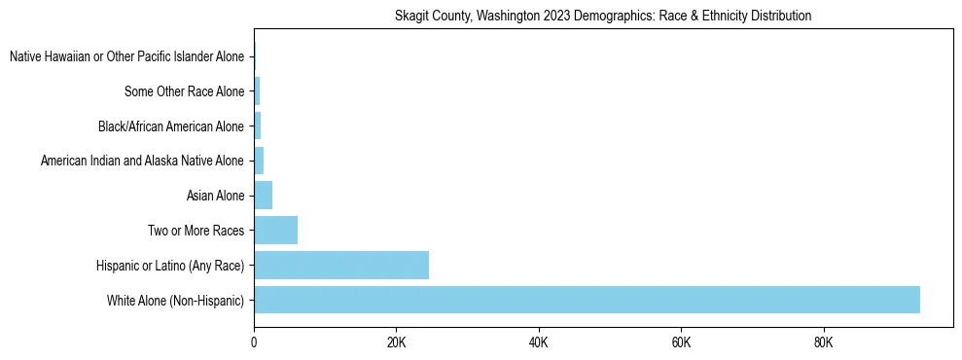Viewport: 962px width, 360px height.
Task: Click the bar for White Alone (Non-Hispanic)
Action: tap(587, 300)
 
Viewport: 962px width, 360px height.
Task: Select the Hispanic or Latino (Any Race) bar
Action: tap(341, 265)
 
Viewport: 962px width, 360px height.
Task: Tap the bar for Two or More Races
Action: tap(275, 231)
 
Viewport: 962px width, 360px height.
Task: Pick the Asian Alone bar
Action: tap(263, 196)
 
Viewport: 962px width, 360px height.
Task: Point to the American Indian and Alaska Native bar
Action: tap(259, 161)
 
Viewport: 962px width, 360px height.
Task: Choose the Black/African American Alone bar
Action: tap(257, 126)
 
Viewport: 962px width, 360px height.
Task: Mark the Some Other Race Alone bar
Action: tap(257, 91)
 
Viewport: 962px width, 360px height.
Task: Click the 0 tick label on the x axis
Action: tap(254, 343)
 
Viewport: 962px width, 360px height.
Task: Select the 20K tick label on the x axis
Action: tap(396, 343)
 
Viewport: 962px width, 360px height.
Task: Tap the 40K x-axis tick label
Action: tap(538, 343)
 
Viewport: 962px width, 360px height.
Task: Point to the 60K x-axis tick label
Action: tap(681, 343)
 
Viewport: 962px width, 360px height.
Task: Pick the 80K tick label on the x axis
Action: tap(823, 343)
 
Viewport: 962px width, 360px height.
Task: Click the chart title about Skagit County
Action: tap(603, 17)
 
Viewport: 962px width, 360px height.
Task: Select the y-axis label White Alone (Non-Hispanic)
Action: tap(176, 301)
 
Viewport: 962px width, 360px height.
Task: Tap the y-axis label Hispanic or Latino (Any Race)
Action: tap(170, 266)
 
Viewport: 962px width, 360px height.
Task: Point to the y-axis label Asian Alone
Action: tap(215, 197)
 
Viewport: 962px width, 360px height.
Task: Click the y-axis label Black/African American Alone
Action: tap(171, 126)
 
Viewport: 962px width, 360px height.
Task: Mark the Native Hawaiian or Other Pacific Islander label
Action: tap(126, 57)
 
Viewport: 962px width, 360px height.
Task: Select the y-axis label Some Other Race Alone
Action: tap(185, 92)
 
